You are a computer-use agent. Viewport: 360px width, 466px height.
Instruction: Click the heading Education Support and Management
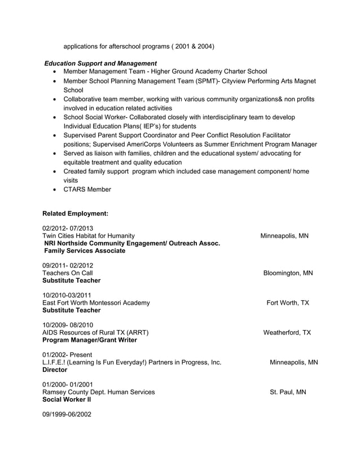point(100,63)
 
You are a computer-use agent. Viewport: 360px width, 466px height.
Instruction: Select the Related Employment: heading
point(76,214)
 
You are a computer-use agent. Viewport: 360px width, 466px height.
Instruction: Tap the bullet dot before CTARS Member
point(54,190)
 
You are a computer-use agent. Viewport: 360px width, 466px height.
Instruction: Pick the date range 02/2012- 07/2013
point(68,228)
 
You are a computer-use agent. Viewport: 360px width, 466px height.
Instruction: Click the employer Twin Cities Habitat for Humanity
point(89,236)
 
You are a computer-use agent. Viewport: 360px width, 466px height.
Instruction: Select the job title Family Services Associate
point(85,250)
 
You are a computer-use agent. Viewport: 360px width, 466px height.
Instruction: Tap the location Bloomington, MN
point(288,273)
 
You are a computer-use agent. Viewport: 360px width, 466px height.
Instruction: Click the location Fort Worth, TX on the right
point(288,303)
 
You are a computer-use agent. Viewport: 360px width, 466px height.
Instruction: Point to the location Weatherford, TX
point(287,332)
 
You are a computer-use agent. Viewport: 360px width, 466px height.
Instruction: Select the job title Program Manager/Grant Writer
point(90,340)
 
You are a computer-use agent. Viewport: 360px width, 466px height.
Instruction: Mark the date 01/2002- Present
point(64,355)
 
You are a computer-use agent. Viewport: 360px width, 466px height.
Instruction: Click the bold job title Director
point(55,370)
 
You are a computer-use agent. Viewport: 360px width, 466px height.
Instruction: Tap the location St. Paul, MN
point(288,392)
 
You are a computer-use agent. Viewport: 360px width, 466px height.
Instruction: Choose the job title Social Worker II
point(67,399)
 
